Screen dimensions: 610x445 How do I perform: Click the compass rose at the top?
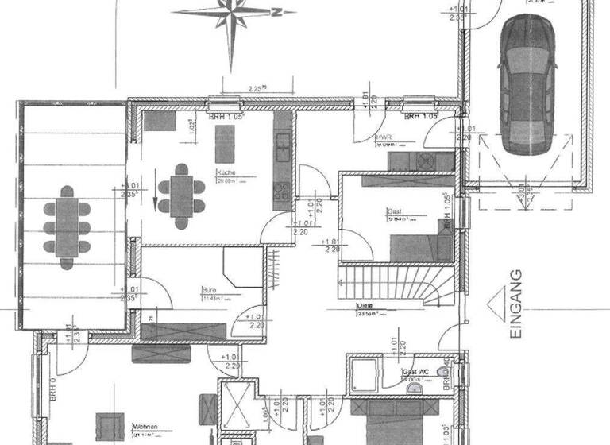click(232, 14)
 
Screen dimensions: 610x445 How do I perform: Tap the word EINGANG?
click(515, 306)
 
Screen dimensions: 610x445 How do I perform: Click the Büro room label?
click(210, 291)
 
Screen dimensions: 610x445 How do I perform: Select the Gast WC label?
click(415, 372)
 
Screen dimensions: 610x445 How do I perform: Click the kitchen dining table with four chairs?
click(181, 191)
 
